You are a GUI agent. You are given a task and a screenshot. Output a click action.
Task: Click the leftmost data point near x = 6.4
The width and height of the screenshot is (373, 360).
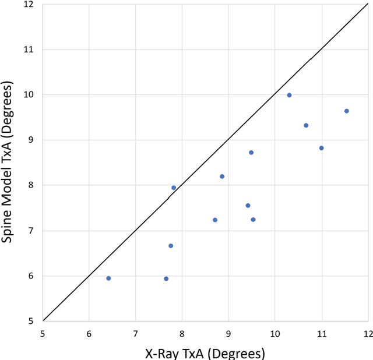[x=108, y=278]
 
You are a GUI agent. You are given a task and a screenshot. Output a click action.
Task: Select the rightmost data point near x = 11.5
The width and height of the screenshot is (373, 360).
[x=346, y=111]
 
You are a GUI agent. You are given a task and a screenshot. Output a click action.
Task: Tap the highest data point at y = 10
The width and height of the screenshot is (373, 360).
[x=289, y=95]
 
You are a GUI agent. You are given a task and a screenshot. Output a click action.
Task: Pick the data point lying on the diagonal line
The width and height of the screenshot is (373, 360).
[x=174, y=188]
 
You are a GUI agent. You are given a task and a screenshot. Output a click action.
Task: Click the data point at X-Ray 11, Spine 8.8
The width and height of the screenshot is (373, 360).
[x=321, y=148]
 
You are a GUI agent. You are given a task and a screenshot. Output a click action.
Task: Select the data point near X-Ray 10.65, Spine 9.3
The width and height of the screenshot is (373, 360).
[x=306, y=125]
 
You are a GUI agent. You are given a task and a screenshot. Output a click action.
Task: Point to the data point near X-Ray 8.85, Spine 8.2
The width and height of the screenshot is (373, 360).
[x=222, y=177]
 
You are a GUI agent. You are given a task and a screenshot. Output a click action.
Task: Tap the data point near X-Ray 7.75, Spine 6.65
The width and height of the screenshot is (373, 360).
[x=171, y=246]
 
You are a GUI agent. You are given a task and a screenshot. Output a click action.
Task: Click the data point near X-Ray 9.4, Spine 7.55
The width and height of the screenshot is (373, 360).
[x=248, y=206]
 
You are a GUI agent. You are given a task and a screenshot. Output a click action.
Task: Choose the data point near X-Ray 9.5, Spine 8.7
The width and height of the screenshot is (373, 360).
[x=251, y=153]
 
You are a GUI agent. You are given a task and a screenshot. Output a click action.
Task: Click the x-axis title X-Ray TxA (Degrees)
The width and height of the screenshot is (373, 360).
[x=205, y=353]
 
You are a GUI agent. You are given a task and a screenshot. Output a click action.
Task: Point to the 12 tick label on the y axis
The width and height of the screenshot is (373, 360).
[x=29, y=5]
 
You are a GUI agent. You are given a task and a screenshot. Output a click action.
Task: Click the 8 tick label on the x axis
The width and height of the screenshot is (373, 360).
[x=182, y=334]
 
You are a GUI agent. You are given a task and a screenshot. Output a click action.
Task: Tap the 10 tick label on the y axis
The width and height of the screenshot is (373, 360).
[x=29, y=95]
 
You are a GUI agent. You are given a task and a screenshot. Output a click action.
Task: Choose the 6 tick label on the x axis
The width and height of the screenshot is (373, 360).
[x=89, y=334]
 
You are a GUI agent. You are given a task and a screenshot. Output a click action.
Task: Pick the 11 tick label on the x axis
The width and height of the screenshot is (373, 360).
[x=321, y=334]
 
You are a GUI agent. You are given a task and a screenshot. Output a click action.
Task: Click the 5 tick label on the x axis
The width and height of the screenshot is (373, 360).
[x=43, y=334]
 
